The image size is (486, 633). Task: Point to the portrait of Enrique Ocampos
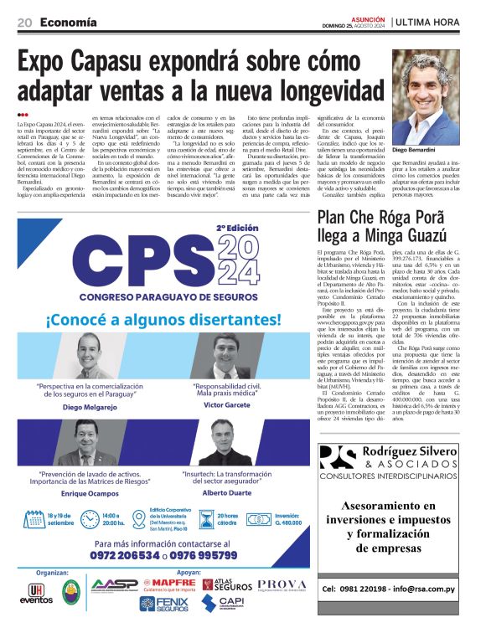click(x=87, y=442)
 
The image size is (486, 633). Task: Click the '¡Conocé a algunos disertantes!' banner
click(x=163, y=319)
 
